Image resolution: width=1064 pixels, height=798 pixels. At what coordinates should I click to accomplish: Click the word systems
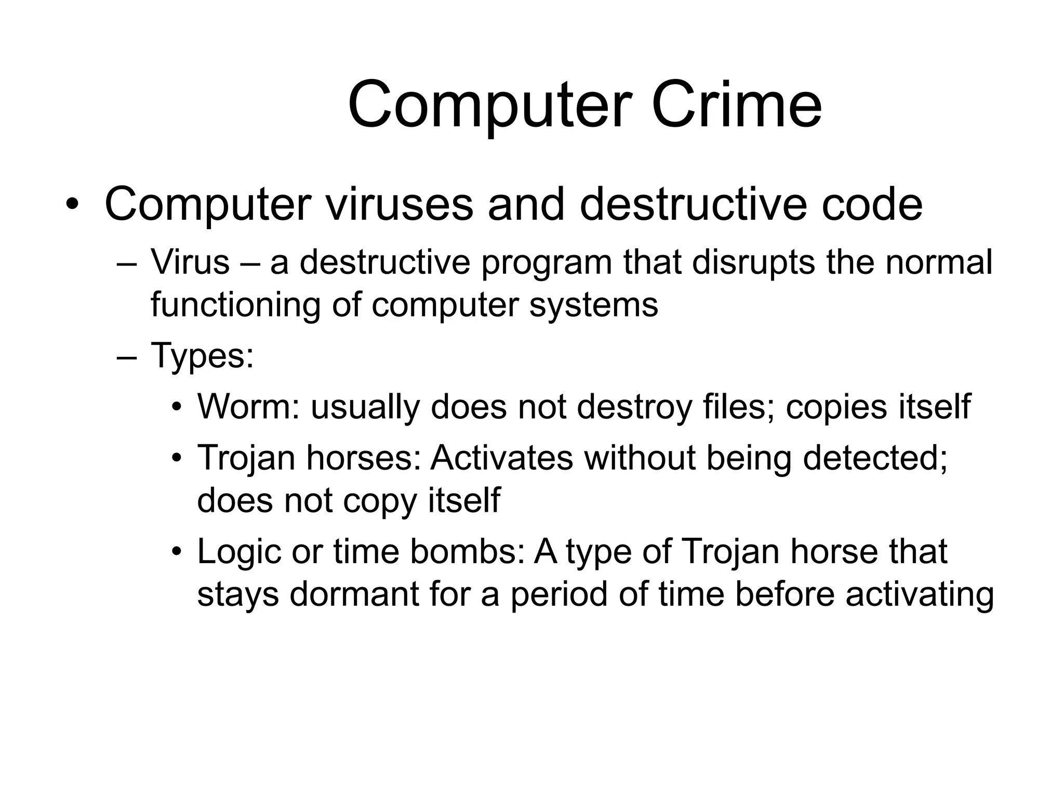coord(593,304)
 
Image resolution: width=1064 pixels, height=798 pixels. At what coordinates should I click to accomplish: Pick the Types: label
coord(202,356)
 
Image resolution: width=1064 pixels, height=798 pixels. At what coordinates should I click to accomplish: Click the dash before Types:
coord(127,357)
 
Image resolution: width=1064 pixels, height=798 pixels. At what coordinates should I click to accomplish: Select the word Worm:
coord(249,406)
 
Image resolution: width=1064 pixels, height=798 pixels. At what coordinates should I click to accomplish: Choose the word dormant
coord(354,594)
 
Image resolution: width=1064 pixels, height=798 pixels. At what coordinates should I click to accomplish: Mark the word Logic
coord(239,551)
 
